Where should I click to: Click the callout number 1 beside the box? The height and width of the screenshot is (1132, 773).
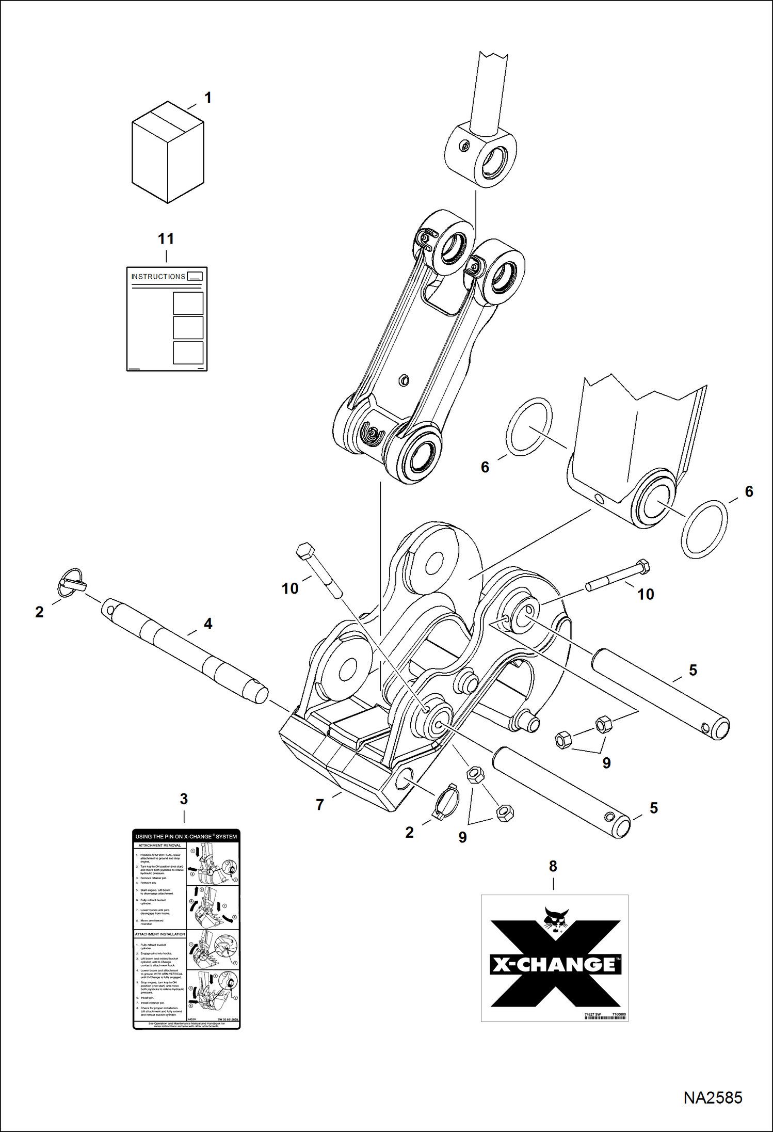208,98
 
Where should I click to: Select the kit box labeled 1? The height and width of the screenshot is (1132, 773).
168,153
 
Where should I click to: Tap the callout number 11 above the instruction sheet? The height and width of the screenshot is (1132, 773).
166,239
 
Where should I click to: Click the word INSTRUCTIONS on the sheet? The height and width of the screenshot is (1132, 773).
158,277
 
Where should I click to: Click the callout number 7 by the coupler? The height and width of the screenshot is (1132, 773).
320,804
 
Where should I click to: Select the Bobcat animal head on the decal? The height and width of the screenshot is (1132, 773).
556,921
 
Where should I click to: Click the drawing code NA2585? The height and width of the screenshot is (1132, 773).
713,1098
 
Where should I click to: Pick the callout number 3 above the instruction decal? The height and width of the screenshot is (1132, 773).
184,799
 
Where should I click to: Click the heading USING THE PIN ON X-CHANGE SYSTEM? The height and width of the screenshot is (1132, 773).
186,836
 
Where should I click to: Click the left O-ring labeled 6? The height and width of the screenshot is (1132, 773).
529,424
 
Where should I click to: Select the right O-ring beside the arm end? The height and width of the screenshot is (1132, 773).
704,529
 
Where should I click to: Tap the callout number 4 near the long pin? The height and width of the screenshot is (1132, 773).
208,624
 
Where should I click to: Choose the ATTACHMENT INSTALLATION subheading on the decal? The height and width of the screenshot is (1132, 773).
160,934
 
